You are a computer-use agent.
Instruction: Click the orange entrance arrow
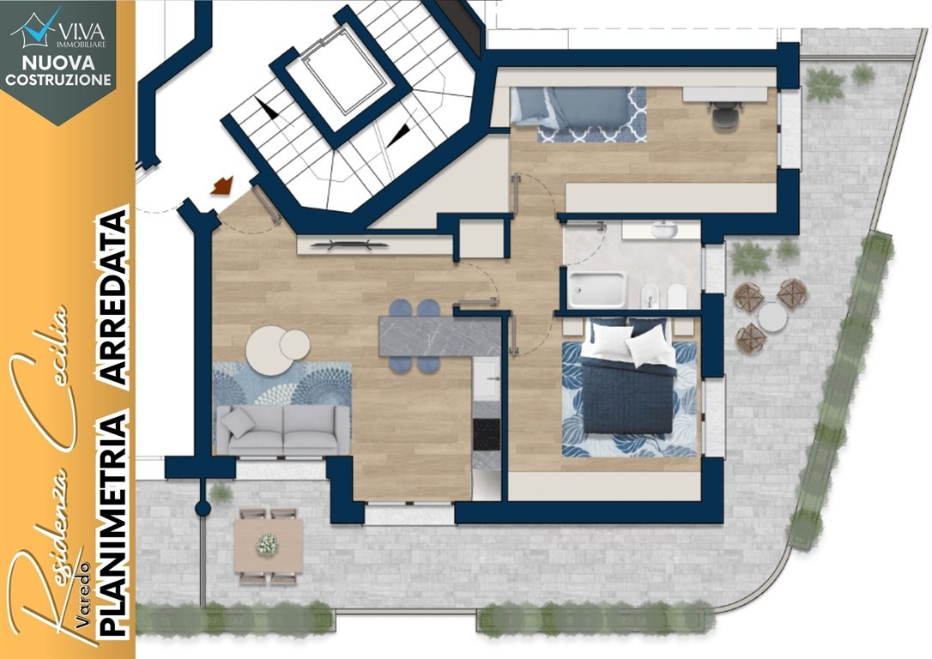point(221,185)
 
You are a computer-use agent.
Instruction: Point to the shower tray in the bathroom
point(596,289)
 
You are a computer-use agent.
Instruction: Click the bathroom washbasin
point(664,229)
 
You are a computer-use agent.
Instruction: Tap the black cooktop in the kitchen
point(487,435)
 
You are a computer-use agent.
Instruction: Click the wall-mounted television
point(351,244)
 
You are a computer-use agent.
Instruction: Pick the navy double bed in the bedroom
point(628,380)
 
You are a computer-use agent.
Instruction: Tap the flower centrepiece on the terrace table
point(268,544)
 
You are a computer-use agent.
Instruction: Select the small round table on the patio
point(772,317)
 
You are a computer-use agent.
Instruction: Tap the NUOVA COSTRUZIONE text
point(58,70)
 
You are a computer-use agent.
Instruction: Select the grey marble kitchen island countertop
point(439,336)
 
